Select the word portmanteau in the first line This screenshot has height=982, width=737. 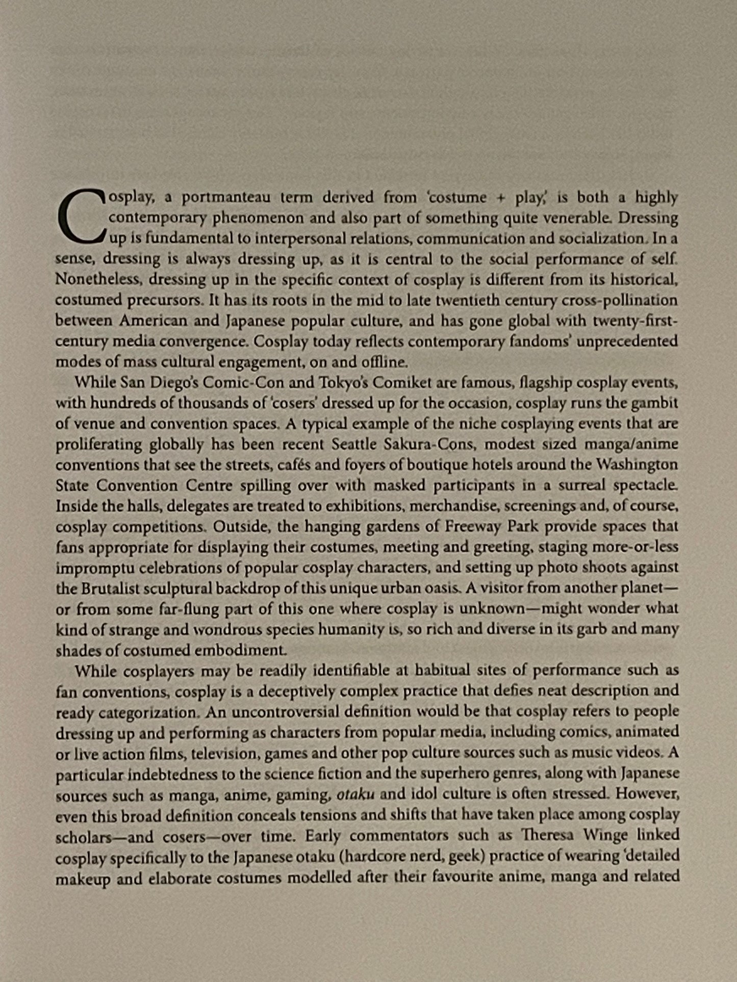coord(224,197)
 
